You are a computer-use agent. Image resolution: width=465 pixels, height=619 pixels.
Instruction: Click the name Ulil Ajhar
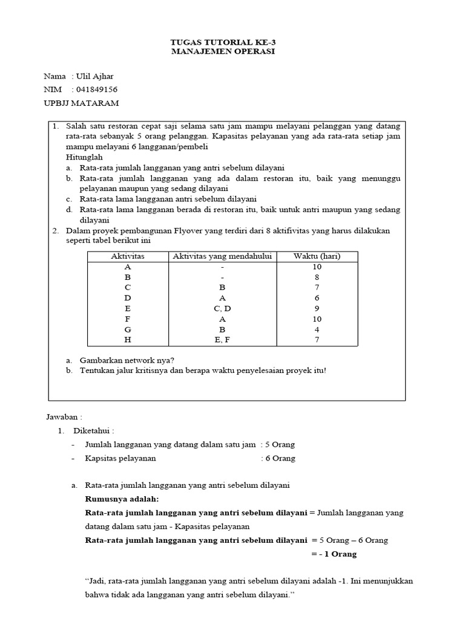94,76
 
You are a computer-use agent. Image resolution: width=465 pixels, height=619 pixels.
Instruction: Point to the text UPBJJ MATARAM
81,103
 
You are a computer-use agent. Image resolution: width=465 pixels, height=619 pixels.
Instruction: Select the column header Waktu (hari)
317,256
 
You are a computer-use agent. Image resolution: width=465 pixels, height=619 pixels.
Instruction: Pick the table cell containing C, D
222,308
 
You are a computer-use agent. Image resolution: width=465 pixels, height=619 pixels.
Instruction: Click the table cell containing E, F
222,340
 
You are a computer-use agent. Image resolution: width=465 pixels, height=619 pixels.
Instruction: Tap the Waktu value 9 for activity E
317,308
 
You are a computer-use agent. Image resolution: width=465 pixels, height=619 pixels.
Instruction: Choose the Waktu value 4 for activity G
317,329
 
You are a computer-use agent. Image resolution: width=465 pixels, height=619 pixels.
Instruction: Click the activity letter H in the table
128,340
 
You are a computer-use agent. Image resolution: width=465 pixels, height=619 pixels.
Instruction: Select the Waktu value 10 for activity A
317,267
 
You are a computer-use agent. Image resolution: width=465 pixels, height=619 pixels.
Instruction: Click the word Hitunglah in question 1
84,157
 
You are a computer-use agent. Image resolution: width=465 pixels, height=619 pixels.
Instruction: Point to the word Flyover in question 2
193,230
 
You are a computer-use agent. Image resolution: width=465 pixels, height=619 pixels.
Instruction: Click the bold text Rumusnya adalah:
122,499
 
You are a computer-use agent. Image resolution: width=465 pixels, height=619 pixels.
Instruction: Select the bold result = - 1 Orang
334,554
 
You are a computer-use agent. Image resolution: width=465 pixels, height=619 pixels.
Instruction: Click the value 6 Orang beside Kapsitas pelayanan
280,458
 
